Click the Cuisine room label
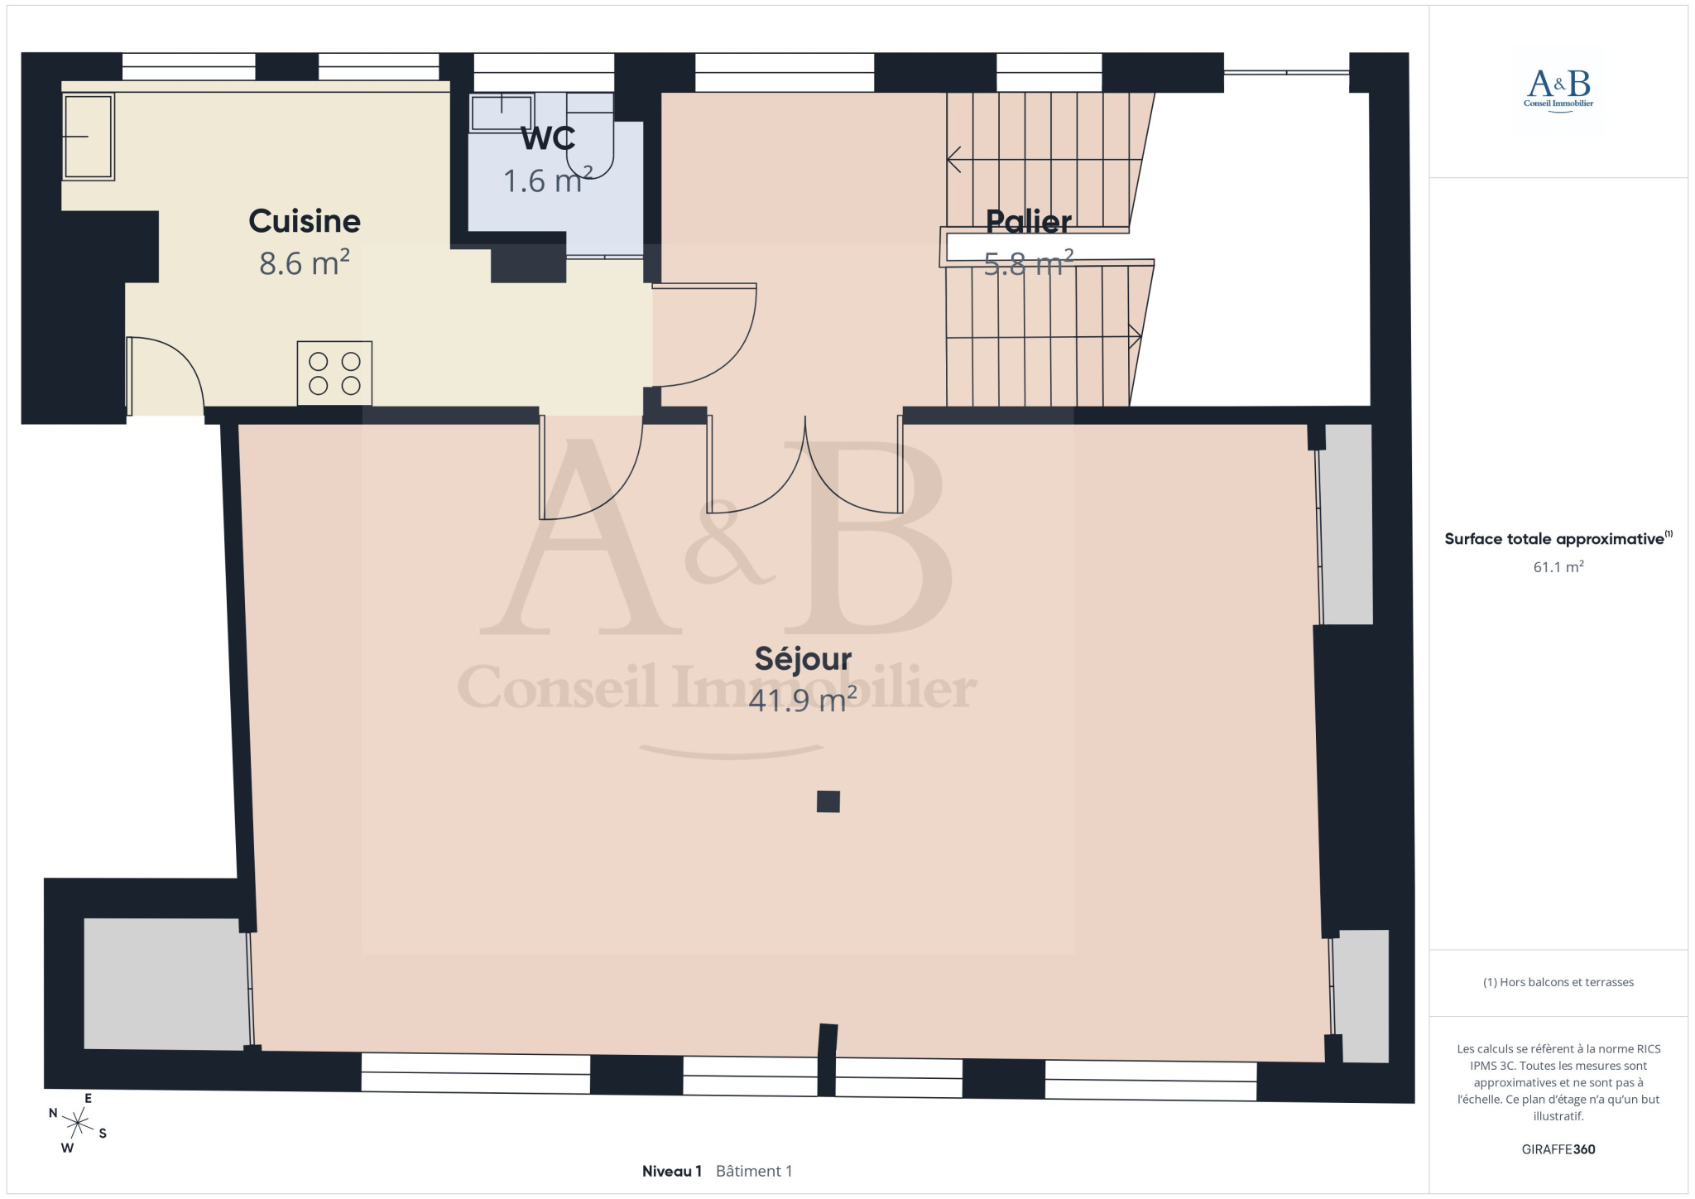(305, 221)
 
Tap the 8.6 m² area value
(305, 262)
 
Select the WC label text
(548, 138)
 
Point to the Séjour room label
(803, 659)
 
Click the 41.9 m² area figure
(803, 701)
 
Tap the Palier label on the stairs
(1029, 221)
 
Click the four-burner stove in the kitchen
(334, 373)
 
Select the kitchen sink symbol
(88, 137)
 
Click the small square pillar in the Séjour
(828, 802)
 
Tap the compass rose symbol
(77, 1124)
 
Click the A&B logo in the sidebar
(1558, 91)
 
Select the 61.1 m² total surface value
(1558, 567)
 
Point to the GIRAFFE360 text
(1558, 1149)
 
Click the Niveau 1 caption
(672, 1171)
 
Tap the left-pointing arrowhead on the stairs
(953, 159)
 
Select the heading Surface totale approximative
(1554, 539)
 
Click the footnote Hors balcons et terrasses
(1558, 982)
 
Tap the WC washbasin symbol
(502, 113)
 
